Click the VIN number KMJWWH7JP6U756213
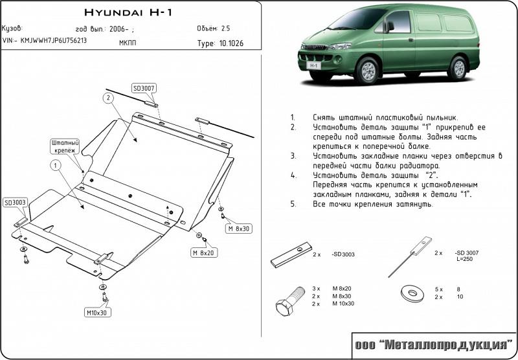pyautogui.click(x=45, y=40)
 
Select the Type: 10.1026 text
pyautogui.click(x=220, y=43)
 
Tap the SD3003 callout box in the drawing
pyautogui.click(x=15, y=203)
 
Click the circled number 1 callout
pyautogui.click(x=56, y=166)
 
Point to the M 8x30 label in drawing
pyautogui.click(x=237, y=229)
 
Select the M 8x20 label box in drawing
pyautogui.click(x=203, y=252)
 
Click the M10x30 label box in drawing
pyautogui.click(x=98, y=313)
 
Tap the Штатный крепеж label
pyautogui.click(x=65, y=146)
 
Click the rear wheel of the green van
pyautogui.click(x=458, y=67)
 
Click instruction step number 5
pyautogui.click(x=293, y=204)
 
